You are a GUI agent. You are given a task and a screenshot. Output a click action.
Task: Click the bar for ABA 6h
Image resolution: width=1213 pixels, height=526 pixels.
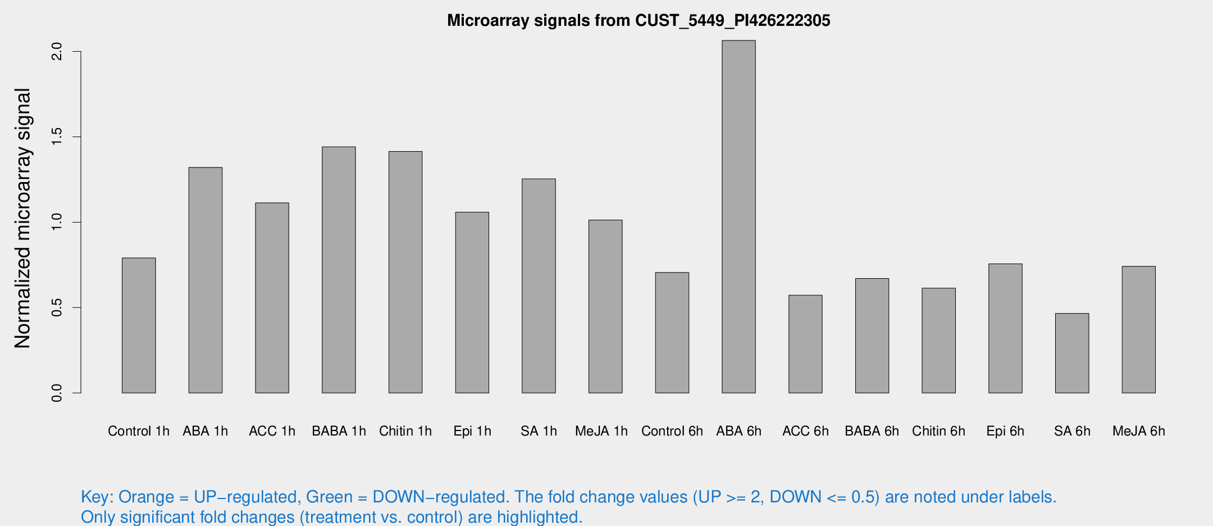[738, 216]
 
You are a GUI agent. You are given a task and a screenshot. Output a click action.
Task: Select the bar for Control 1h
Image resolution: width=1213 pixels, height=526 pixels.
[139, 325]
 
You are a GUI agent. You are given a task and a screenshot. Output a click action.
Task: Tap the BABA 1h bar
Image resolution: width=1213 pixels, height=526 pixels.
[339, 270]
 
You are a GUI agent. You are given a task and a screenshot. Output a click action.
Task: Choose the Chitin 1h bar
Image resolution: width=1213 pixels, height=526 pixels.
[405, 272]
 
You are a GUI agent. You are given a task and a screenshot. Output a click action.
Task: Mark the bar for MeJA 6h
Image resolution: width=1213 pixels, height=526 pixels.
[1138, 329]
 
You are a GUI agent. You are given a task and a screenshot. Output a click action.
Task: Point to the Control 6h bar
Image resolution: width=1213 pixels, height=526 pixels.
[672, 333]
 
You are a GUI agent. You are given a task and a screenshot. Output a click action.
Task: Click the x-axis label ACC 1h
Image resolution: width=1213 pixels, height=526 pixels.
[272, 431]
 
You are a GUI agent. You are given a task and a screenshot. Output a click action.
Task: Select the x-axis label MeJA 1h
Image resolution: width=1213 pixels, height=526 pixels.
[601, 431]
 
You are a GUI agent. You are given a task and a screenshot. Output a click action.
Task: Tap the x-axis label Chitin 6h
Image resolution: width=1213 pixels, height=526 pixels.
[938, 431]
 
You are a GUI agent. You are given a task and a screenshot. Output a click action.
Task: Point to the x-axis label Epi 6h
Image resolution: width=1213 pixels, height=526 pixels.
[1005, 431]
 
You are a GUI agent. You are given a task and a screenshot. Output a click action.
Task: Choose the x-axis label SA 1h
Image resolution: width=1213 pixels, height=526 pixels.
[539, 431]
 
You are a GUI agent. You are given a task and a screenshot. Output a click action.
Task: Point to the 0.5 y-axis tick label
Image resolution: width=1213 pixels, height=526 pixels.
[57, 307]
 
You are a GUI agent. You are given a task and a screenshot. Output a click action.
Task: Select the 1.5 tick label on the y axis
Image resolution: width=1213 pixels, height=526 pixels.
[57, 137]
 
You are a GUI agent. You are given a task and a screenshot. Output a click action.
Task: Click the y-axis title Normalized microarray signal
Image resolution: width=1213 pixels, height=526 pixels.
[22, 218]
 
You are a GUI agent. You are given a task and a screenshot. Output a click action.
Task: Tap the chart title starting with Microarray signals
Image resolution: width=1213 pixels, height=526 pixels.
[639, 21]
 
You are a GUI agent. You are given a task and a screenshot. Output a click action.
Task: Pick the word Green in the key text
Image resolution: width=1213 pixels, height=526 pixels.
[329, 497]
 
